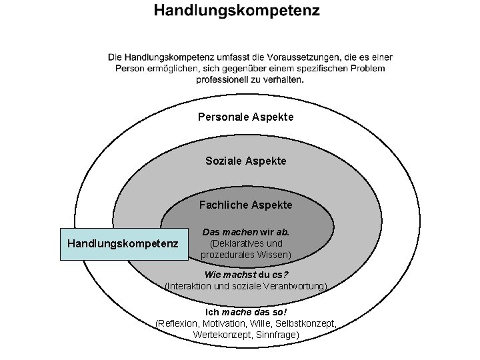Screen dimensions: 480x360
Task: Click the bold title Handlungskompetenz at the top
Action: point(237,11)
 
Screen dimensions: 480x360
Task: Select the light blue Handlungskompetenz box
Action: point(123,244)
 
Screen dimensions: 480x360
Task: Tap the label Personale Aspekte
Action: point(245,117)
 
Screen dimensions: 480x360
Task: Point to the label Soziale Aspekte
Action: point(246,161)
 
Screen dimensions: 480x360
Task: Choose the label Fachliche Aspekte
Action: point(246,205)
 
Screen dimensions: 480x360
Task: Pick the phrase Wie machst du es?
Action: point(246,275)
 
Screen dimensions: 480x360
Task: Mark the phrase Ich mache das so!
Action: point(246,312)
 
